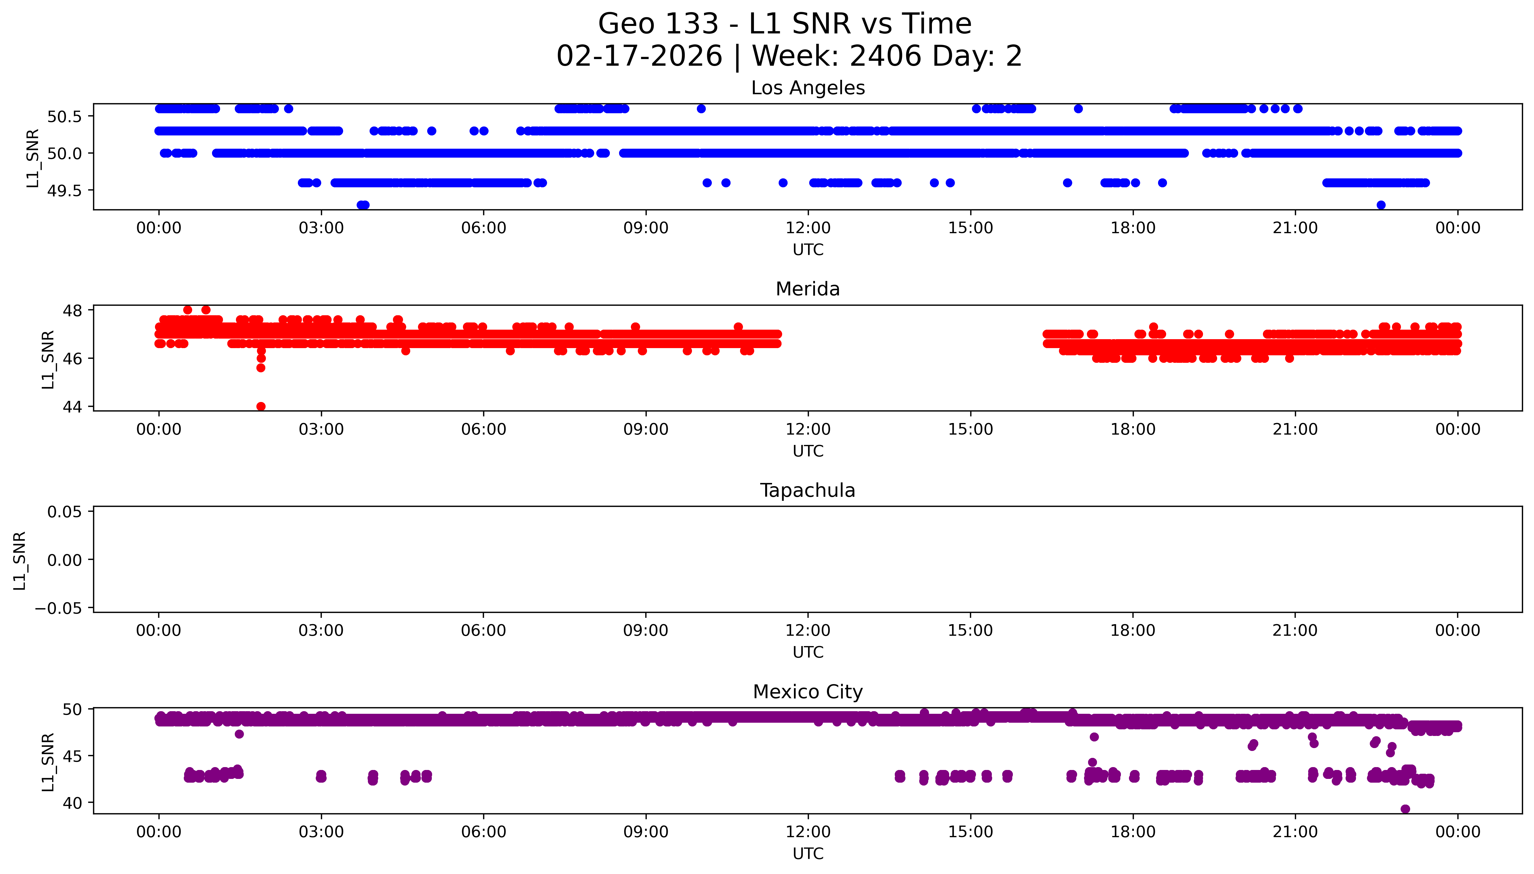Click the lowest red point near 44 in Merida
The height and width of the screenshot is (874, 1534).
pyautogui.click(x=261, y=406)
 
